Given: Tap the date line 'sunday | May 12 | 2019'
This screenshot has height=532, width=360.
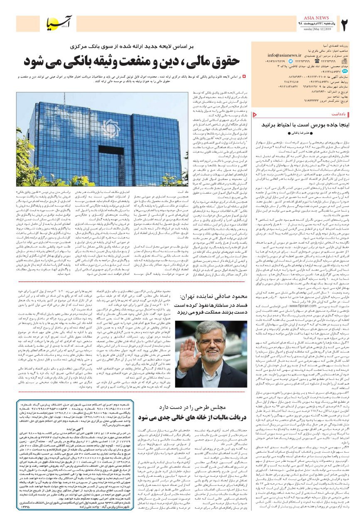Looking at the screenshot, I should point(306,30).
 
